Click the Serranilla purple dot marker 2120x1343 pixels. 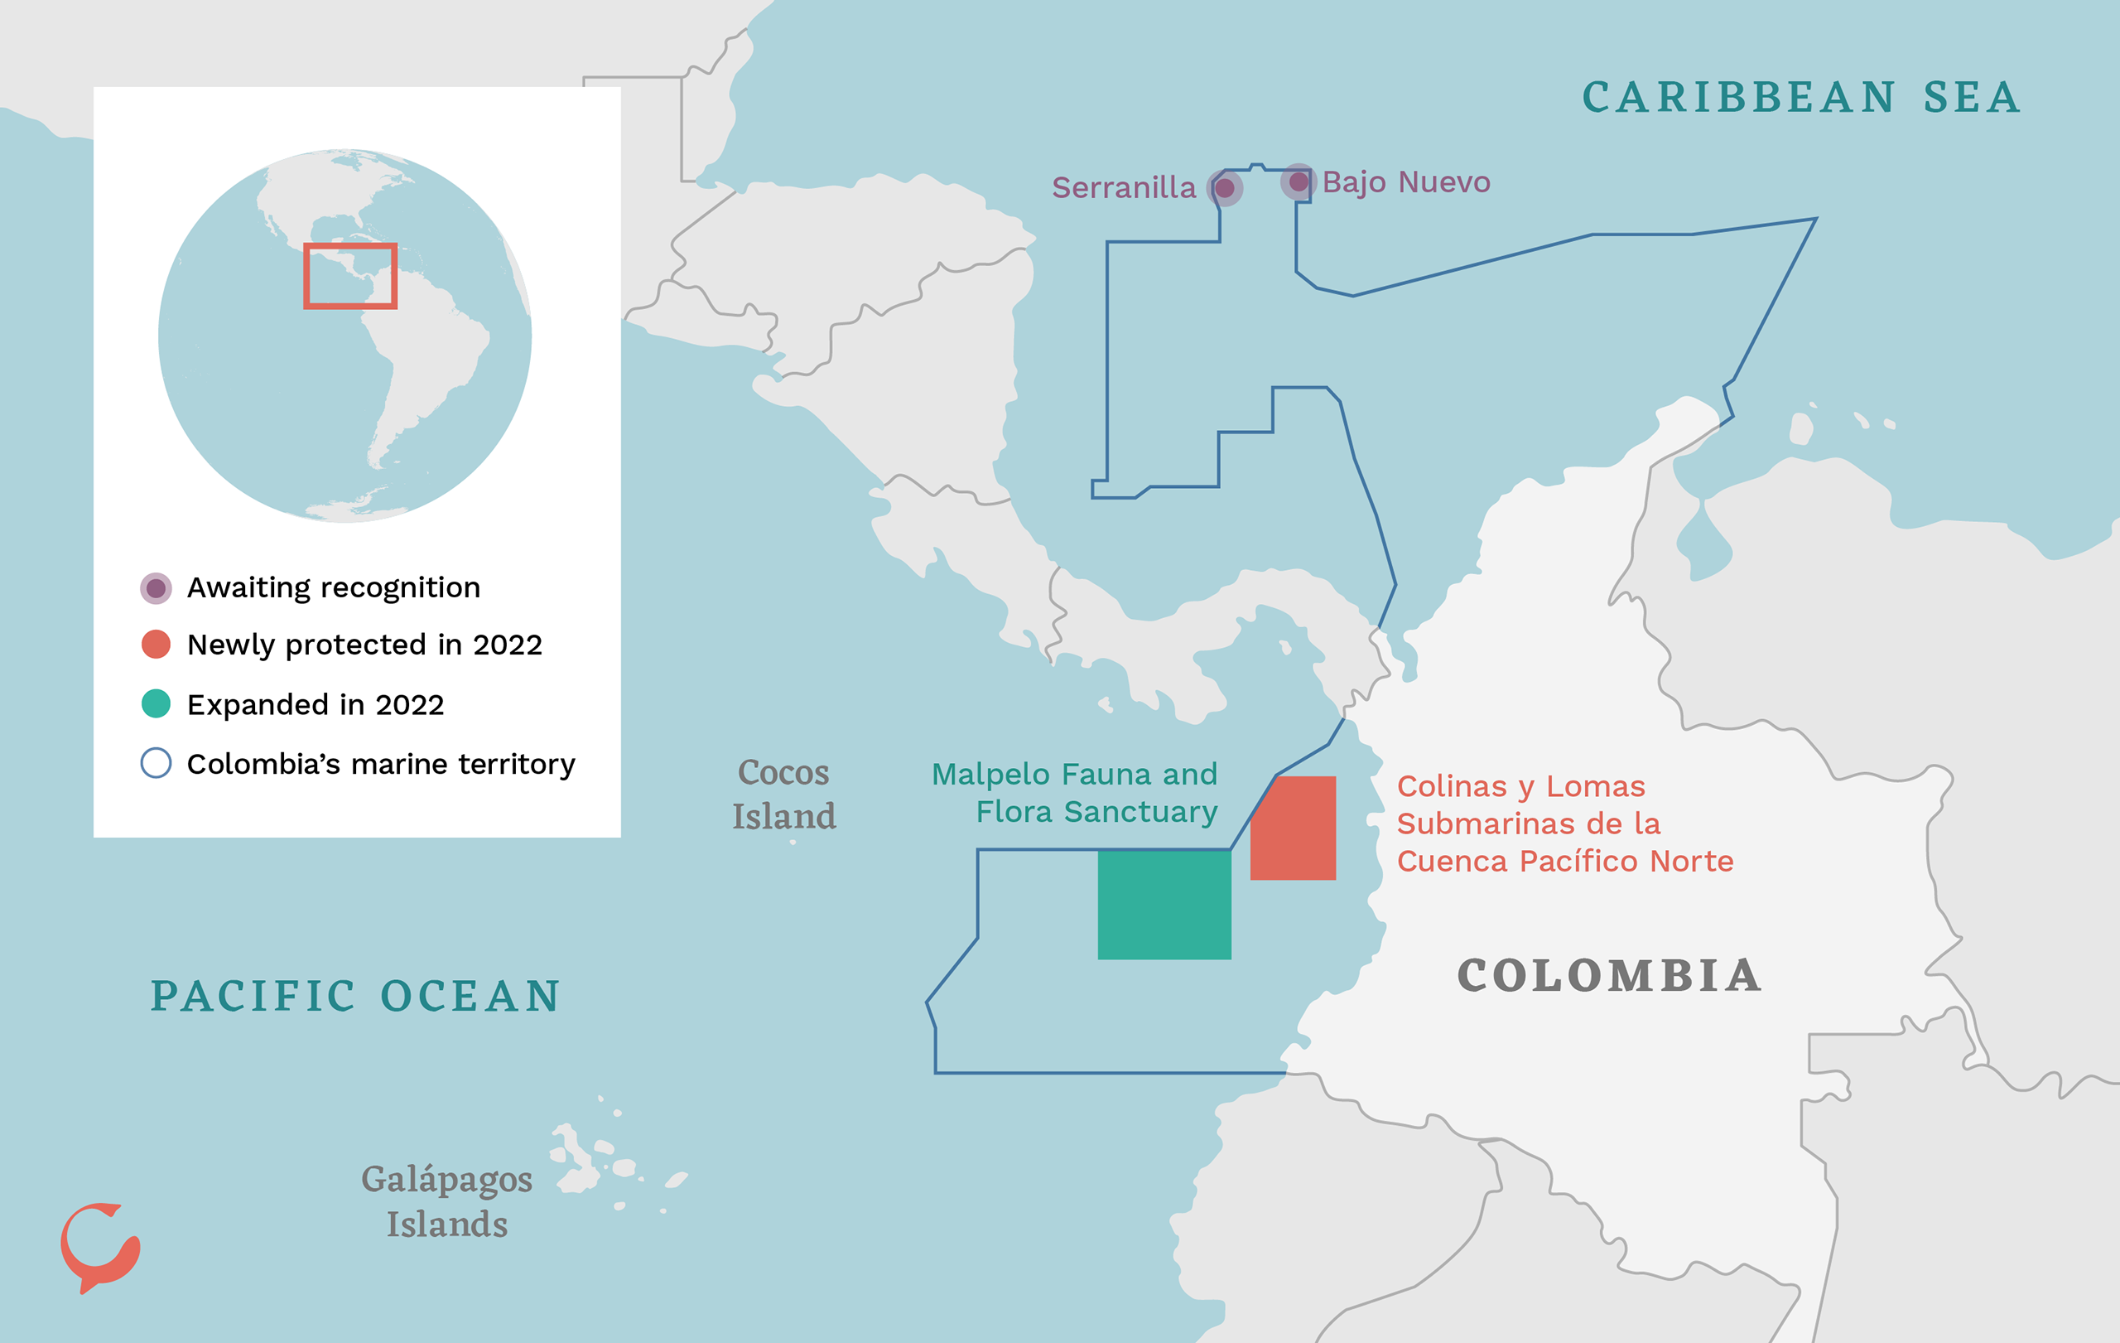[x=1225, y=188]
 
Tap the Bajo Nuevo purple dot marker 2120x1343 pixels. [x=1298, y=182]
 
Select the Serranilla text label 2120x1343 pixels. [x=1124, y=187]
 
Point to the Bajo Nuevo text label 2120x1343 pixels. [x=1406, y=182]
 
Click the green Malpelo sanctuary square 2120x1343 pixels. [x=1164, y=905]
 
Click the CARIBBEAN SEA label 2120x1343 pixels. [x=1800, y=98]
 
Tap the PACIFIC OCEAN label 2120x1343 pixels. [x=356, y=996]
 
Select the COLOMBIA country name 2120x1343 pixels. [x=1609, y=976]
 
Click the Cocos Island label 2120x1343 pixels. [x=783, y=795]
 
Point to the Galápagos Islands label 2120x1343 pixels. [x=447, y=1201]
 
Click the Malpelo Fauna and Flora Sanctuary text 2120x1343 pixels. [x=1076, y=793]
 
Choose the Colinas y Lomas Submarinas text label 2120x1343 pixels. [x=1564, y=824]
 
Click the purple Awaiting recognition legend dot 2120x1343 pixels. [x=156, y=588]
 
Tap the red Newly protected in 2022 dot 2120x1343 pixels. [x=156, y=645]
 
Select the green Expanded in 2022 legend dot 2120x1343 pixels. [x=156, y=703]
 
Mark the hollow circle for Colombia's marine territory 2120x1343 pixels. [x=156, y=763]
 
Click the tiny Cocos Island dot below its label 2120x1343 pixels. [x=793, y=843]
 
